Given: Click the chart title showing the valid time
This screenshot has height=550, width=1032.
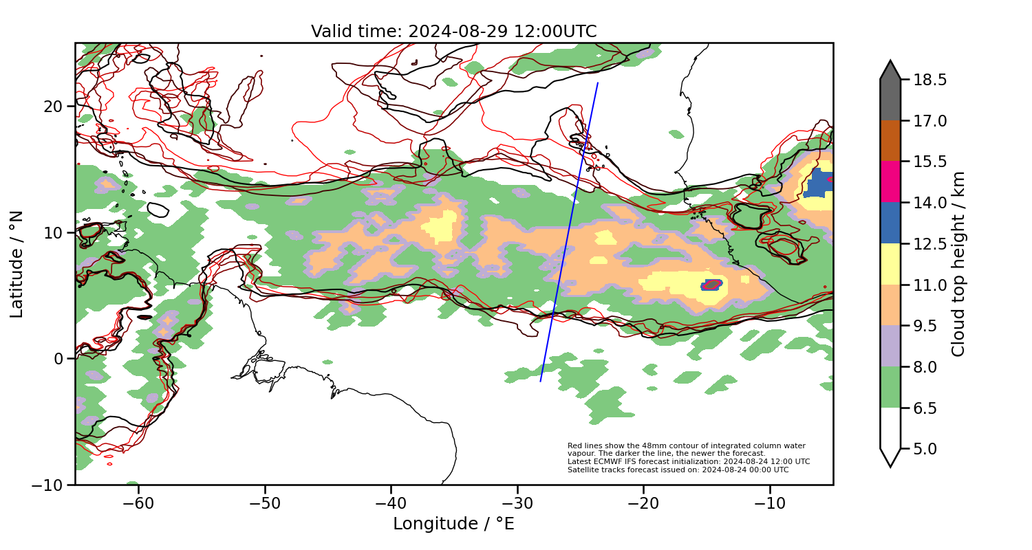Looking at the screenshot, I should click(x=453, y=32).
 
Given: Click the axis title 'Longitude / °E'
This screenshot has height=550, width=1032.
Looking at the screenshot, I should click(x=453, y=524).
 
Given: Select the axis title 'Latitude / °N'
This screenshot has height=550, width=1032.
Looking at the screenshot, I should click(x=17, y=264).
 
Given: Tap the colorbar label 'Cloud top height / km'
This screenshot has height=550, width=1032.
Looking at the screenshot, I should click(x=958, y=264).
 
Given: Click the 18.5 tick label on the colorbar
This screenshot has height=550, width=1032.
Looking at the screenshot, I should click(x=929, y=80).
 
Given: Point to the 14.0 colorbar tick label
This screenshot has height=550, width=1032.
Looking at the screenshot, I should click(x=929, y=203).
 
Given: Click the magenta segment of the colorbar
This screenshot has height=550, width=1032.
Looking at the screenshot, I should click(x=890, y=181).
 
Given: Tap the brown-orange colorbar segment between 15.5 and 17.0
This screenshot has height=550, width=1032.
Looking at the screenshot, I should click(x=890, y=141).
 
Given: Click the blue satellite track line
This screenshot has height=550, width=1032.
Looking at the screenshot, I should click(x=570, y=232).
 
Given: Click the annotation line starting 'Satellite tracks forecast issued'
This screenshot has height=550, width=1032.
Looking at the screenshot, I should click(x=678, y=470).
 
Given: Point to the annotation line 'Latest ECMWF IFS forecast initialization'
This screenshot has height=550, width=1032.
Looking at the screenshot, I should click(x=688, y=462).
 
